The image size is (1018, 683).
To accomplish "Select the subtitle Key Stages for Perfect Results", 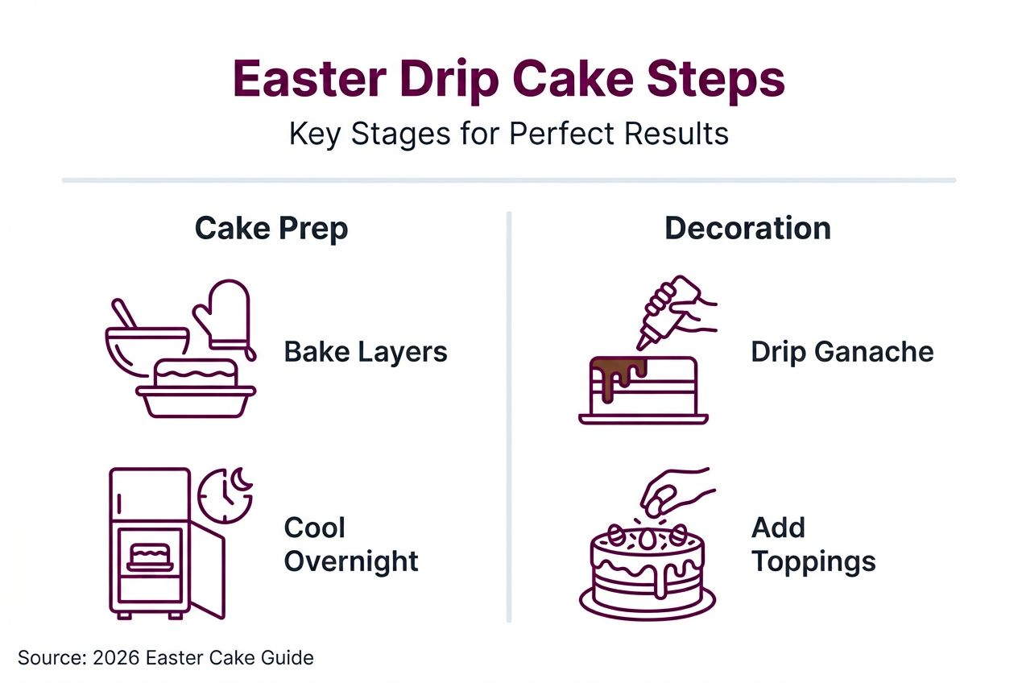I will (508, 133).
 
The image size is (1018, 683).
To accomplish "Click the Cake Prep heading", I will (271, 229).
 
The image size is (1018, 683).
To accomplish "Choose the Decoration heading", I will (747, 229).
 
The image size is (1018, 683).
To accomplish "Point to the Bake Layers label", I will (366, 352).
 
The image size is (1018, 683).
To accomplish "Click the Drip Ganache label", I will (842, 352).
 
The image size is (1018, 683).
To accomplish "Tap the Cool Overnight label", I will (351, 544).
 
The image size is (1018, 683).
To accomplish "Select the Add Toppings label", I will (813, 544).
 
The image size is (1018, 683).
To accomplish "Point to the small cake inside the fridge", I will (151, 557).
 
